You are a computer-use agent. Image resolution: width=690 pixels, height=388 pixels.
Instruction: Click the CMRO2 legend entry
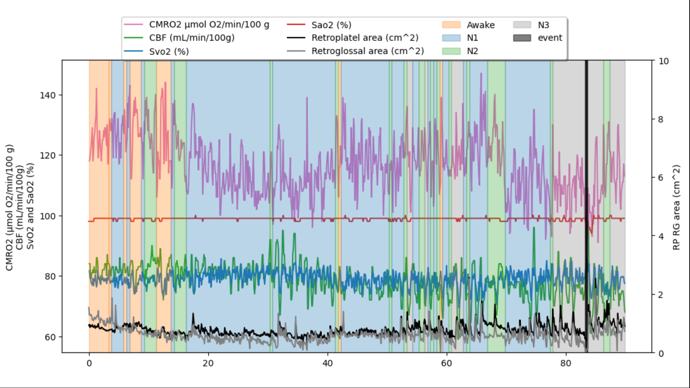209,24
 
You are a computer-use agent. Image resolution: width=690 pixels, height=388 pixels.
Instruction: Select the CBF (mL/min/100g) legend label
192,38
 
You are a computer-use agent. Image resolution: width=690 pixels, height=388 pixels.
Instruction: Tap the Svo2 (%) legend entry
169,51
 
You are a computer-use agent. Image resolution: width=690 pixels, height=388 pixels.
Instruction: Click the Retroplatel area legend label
365,38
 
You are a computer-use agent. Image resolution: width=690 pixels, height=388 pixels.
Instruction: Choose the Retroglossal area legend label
368,51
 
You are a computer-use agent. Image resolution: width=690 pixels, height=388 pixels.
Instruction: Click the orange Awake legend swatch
451,25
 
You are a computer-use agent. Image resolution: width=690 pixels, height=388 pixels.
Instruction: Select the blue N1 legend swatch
451,38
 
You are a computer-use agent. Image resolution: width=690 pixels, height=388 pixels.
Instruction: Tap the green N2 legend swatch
451,51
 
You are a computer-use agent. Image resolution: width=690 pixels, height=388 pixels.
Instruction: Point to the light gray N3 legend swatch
522,25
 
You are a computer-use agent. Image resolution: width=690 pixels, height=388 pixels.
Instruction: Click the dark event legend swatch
522,38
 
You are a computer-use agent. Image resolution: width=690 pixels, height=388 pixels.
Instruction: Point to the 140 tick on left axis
48,95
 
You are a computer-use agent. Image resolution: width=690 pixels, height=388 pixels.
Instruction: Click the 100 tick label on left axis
48,216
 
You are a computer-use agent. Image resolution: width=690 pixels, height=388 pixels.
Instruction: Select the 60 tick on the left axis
50,337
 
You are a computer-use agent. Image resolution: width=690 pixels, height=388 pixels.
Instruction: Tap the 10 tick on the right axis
663,61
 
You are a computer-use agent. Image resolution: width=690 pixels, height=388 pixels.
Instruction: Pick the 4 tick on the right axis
661,236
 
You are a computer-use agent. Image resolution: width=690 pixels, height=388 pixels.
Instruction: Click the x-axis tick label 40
327,363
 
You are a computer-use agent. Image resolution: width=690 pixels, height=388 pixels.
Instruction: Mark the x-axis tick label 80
566,363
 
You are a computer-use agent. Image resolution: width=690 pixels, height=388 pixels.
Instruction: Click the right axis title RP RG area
676,207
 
